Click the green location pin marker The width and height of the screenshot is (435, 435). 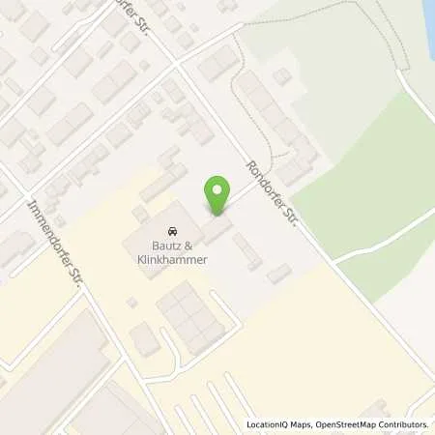click(x=218, y=196)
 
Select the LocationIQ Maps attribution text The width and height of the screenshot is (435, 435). click(x=278, y=424)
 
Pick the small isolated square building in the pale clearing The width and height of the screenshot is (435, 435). click(x=281, y=76)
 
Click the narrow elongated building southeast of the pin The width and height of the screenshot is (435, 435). click(x=246, y=248)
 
